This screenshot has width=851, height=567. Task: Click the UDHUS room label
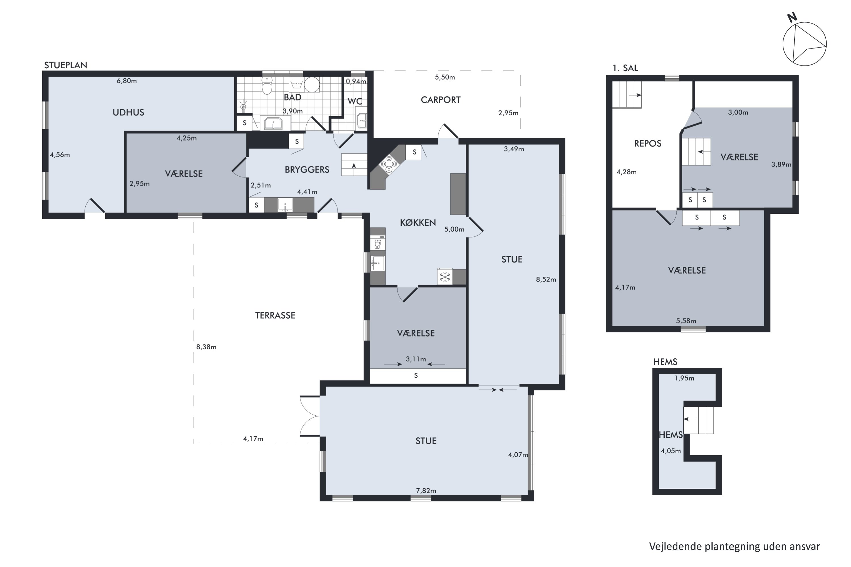[129, 113]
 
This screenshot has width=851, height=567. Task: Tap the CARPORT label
[440, 100]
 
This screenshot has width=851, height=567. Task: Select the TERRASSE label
[275, 315]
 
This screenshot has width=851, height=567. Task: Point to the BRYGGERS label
[307, 170]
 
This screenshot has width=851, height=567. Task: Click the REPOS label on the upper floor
[648, 143]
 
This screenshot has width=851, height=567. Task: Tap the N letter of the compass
[792, 17]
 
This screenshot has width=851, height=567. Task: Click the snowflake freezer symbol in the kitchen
[445, 277]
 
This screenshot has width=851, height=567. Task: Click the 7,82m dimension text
[426, 491]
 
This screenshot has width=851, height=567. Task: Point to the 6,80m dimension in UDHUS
[127, 81]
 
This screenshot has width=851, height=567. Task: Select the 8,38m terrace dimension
[206, 347]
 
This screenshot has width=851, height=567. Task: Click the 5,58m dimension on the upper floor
[686, 321]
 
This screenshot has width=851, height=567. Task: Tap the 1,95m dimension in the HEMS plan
[684, 378]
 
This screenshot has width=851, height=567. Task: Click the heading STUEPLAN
[66, 65]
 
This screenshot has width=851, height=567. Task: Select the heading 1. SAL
[625, 68]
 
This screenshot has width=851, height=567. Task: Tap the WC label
[355, 101]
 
